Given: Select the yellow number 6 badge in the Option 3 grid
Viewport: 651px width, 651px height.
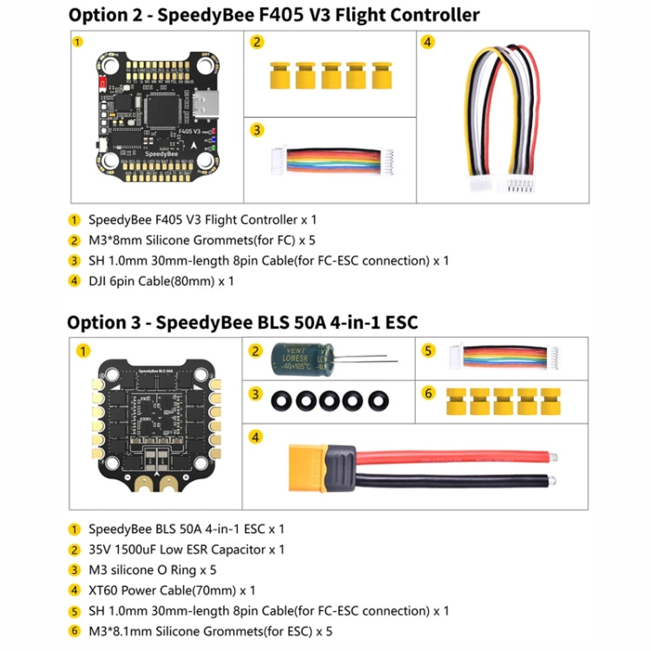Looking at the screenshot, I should [x=428, y=393].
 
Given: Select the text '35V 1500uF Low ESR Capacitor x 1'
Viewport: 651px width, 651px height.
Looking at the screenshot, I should [x=186, y=549].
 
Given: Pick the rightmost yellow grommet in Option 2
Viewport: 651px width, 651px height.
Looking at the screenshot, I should [x=381, y=75].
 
